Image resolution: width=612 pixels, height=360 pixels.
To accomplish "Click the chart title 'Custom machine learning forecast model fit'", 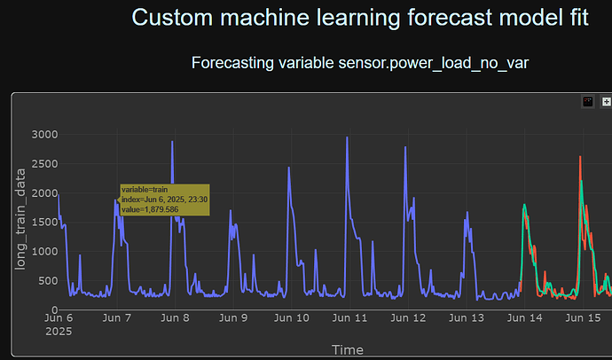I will coord(360,18).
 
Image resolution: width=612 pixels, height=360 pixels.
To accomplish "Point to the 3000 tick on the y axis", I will coord(43,135).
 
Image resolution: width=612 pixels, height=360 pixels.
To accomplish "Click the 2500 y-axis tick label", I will coord(43,164).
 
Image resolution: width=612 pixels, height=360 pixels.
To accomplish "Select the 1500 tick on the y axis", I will coord(43,223).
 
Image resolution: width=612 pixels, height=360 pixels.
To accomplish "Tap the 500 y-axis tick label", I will coord(46,281).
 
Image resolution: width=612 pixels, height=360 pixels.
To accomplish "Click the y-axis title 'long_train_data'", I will coord(19,222).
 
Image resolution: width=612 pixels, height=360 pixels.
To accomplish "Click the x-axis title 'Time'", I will coord(347,349).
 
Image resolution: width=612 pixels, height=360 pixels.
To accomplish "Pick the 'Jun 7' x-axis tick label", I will coord(117,317).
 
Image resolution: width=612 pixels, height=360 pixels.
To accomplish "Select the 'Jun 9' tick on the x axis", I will coord(233,317).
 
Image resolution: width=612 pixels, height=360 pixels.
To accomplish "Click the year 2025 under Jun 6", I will coord(59,331).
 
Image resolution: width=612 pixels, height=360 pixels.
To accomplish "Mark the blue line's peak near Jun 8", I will coord(172,142).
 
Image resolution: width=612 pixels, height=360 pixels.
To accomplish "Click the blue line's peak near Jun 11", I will coord(347,137).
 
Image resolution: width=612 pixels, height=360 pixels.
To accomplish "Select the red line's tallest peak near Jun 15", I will coord(580,158).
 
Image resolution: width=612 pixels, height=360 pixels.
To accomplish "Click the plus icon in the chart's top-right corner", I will coord(607,102).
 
